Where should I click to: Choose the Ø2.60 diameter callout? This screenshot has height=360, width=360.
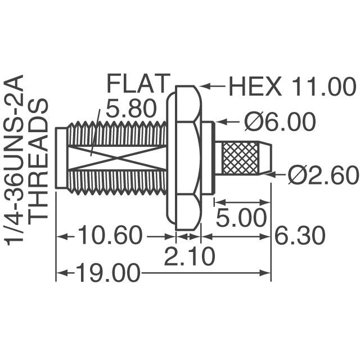(322, 176)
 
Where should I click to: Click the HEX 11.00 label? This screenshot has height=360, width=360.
(291, 88)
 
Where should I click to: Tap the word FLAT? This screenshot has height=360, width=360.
(137, 85)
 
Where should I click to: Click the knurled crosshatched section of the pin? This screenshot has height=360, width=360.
(240, 159)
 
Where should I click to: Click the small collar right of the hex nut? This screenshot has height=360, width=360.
(208, 158)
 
